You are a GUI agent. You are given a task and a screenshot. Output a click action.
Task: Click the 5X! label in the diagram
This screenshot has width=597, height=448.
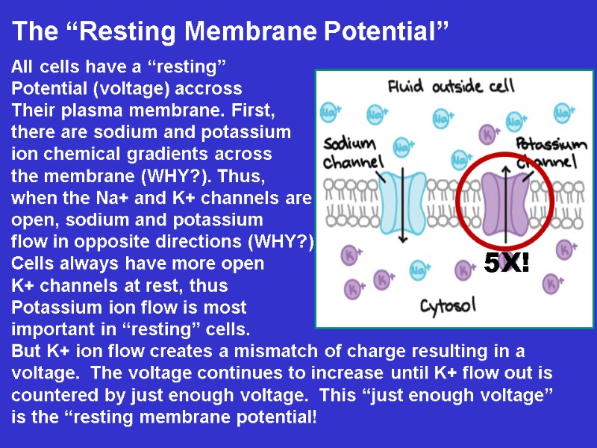507,263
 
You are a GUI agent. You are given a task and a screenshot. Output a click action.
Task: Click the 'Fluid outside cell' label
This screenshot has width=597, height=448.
451,87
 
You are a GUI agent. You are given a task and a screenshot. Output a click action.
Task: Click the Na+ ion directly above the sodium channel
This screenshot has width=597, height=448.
402,147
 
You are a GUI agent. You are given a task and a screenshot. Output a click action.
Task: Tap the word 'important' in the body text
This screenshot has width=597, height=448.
48,329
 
